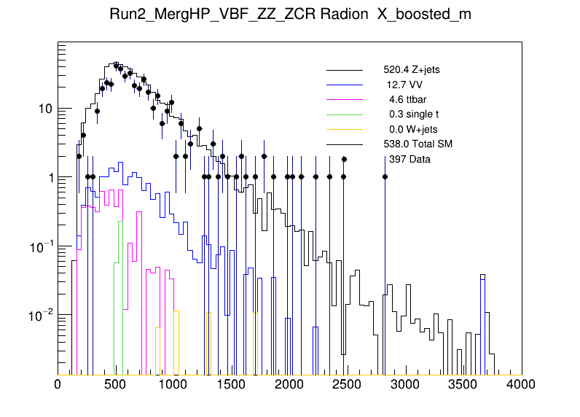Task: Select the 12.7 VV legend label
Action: click(406, 85)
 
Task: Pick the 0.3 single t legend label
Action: click(414, 114)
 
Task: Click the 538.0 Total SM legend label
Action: click(418, 144)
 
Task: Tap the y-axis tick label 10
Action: click(44, 109)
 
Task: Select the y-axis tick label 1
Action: click(48, 177)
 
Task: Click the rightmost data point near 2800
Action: click(385, 176)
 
